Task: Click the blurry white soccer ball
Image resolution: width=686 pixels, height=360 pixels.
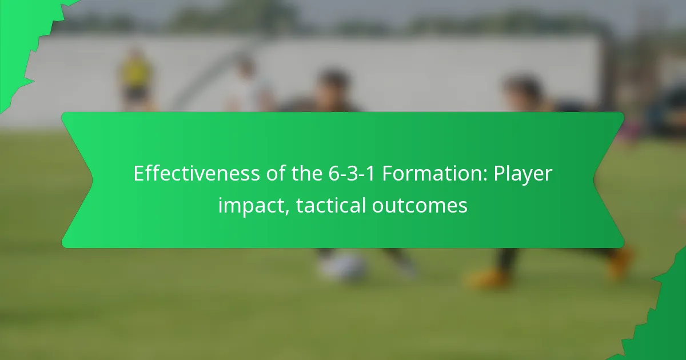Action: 343,266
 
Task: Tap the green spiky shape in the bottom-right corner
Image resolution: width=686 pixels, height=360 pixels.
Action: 663,320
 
